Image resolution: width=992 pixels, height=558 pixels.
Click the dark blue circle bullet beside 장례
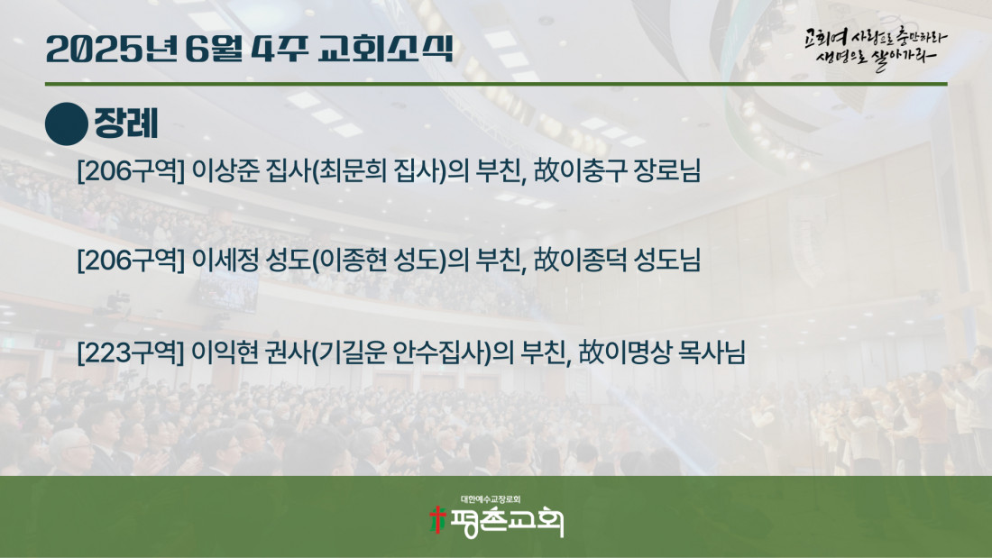point(67,124)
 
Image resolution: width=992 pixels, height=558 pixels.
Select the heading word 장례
point(126,123)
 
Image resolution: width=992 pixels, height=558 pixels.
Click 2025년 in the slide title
point(112,49)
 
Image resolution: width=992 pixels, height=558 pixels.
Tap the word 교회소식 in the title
point(385,48)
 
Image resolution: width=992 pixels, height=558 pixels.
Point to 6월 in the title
point(214,49)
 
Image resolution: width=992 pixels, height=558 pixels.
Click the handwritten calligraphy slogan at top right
point(876,48)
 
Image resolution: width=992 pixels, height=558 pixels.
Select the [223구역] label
point(131,352)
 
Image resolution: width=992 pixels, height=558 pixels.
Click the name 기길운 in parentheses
point(352,352)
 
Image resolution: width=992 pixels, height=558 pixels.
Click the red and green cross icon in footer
point(437,519)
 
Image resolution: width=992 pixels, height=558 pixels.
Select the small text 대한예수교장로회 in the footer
point(491,499)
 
